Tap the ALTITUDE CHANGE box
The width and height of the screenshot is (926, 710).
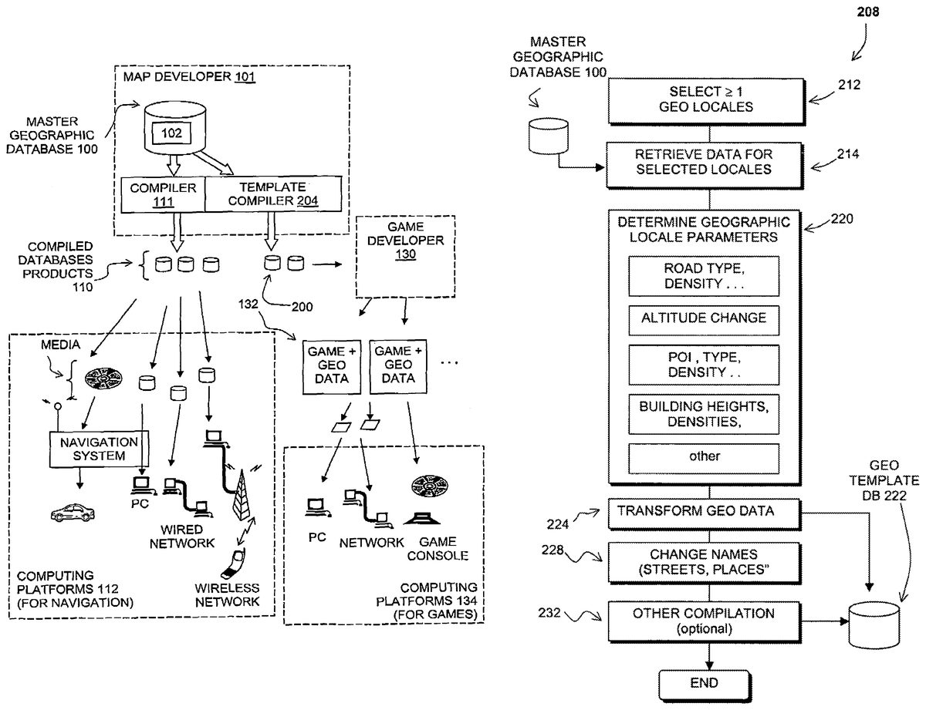704,318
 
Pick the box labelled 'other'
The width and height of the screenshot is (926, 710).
704,456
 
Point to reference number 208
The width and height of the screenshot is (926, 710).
867,12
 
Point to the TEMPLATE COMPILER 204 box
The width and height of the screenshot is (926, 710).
272,194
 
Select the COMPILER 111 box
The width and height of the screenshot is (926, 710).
162,194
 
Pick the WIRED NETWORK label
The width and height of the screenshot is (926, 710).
182,537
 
